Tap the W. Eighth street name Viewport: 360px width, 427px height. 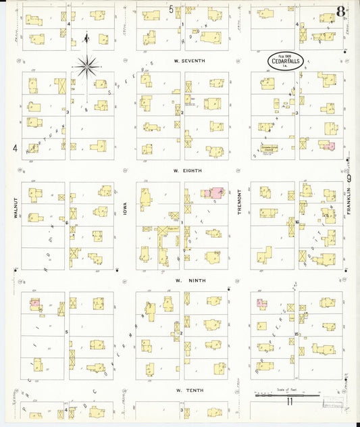click(184, 171)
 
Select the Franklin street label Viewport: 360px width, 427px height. click(349, 203)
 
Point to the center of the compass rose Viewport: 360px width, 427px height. click(86, 66)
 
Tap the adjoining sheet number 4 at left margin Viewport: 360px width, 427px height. click(14, 148)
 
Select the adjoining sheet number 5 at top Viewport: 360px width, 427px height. click(171, 9)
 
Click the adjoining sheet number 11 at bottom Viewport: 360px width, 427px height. click(288, 403)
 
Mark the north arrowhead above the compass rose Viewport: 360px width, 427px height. click(86, 36)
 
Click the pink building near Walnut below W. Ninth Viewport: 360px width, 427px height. click(34, 304)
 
